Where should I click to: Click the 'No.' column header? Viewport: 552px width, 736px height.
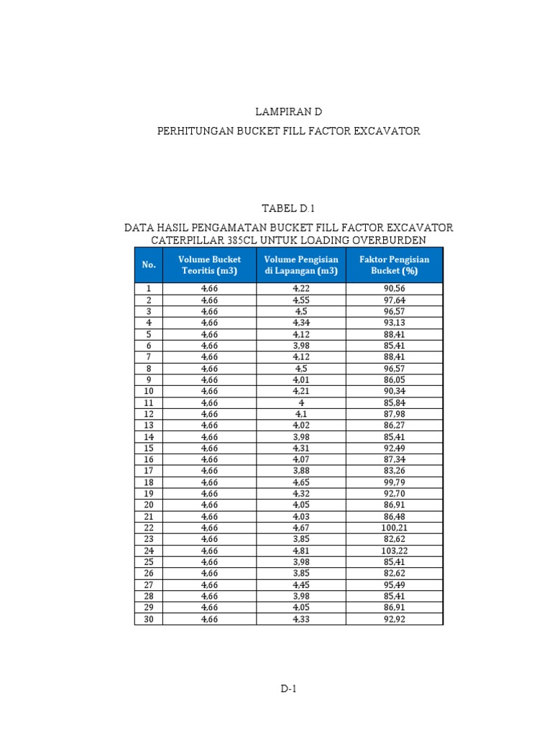pyautogui.click(x=149, y=265)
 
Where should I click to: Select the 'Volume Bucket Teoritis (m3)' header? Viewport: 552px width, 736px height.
pyautogui.click(x=209, y=265)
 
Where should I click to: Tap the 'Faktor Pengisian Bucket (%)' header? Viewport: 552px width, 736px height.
pyautogui.click(x=394, y=265)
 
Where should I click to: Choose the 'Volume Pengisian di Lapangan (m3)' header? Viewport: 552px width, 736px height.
pyautogui.click(x=301, y=265)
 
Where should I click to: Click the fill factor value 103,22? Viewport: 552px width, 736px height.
pyautogui.click(x=394, y=550)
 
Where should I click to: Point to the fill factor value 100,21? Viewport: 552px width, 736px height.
pyautogui.click(x=394, y=527)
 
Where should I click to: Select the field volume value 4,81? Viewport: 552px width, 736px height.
pyautogui.click(x=301, y=550)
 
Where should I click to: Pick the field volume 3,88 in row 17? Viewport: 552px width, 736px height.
pyautogui.click(x=301, y=471)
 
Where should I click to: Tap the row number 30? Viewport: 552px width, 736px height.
pyautogui.click(x=149, y=618)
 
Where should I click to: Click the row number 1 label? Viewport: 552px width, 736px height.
pyautogui.click(x=149, y=288)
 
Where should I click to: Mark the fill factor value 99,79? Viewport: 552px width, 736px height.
pyautogui.click(x=394, y=482)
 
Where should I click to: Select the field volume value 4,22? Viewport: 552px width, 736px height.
pyautogui.click(x=301, y=288)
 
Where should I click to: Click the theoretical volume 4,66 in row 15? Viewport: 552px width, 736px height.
pyautogui.click(x=209, y=448)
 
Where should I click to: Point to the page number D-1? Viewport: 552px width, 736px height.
pyautogui.click(x=288, y=689)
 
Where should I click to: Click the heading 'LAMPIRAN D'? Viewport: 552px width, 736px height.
pyautogui.click(x=288, y=113)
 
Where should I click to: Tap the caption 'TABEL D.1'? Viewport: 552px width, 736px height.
pyautogui.click(x=288, y=208)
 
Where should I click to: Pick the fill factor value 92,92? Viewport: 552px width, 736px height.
pyautogui.click(x=394, y=618)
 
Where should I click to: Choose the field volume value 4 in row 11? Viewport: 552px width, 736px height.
pyautogui.click(x=301, y=402)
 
